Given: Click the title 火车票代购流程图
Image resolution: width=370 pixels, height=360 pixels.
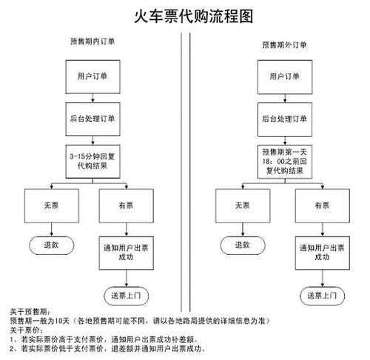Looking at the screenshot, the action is point(194,16).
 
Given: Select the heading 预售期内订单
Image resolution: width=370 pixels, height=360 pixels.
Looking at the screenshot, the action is point(92,41).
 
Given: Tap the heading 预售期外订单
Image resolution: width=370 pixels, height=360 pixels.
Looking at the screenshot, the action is point(284,45).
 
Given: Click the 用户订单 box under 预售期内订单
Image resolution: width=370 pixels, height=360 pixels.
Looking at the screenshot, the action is point(92,77).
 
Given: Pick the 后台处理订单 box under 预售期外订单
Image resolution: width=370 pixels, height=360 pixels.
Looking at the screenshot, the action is point(285,119).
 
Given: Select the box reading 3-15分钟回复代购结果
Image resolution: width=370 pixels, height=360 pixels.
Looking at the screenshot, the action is point(92,161).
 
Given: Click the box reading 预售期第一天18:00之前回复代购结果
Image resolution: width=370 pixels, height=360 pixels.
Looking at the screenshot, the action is point(285,162).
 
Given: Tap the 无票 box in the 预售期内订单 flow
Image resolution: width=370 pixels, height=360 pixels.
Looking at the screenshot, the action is point(52,206).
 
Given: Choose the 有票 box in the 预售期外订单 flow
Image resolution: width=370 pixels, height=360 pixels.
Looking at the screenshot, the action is point(323,206).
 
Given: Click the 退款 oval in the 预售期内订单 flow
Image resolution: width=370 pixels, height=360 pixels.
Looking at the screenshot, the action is point(52,245).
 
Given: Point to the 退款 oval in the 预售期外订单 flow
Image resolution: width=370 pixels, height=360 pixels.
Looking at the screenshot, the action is point(243,245).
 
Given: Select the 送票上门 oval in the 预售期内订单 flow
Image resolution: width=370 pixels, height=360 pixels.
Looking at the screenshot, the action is point(127,296).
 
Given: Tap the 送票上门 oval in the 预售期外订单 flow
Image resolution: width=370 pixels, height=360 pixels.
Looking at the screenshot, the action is point(323,296).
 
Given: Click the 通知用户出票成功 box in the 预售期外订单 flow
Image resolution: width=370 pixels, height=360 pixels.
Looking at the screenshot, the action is point(323,253).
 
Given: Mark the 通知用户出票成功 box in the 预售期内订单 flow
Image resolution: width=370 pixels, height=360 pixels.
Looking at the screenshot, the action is point(127,253).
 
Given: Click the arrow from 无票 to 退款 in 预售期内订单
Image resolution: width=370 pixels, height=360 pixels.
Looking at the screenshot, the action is point(52,229).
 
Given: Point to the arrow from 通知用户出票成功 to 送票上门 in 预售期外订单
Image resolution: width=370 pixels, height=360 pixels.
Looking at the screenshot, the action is point(323,278).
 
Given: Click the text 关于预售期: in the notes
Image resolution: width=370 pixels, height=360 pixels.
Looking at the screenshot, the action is point(30,312).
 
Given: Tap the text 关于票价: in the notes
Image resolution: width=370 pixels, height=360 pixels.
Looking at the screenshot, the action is point(26,330).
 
